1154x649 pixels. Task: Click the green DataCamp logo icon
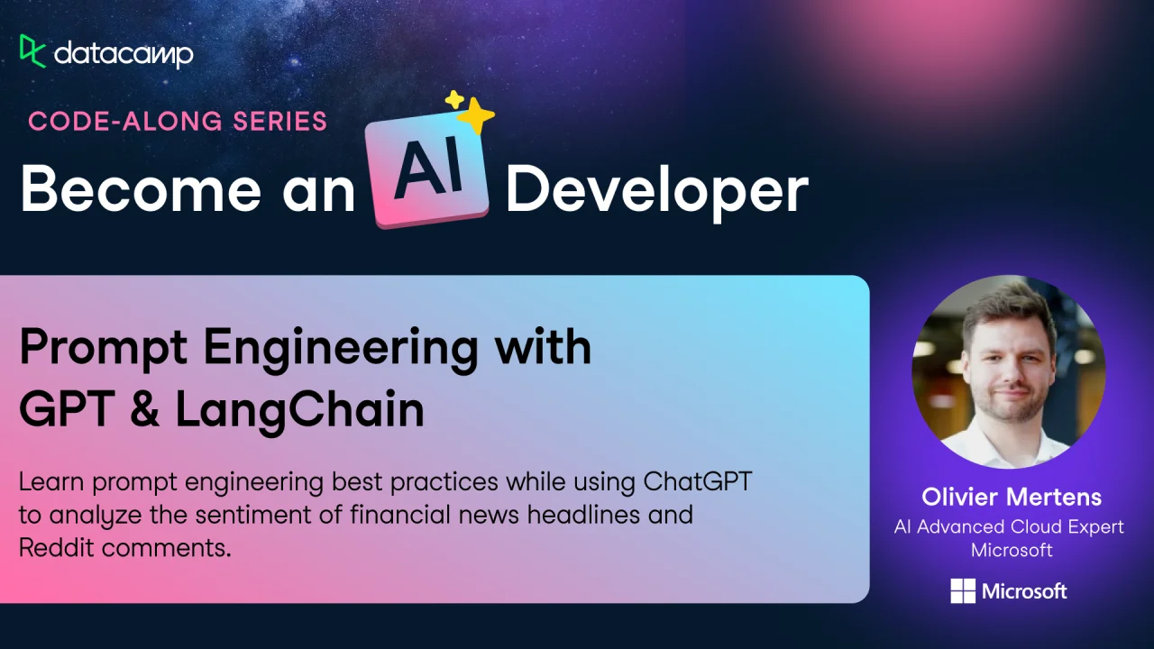pos(32,51)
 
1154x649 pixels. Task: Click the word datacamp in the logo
pos(124,54)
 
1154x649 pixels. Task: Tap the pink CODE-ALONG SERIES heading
pos(178,122)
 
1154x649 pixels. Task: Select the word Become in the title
pos(141,189)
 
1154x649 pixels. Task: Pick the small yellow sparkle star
pos(454,99)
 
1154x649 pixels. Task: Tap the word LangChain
pos(300,410)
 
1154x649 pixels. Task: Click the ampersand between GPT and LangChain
pos(145,408)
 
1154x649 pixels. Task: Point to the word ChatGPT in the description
pos(698,482)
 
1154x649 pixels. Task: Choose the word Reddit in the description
pos(57,547)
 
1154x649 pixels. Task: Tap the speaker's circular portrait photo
pos(1009,372)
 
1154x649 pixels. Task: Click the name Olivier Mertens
pos(1012,497)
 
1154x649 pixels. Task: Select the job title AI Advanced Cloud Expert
pos(1009,527)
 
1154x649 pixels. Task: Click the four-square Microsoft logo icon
pos(963,590)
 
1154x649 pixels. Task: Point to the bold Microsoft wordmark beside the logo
pos(1024,591)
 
